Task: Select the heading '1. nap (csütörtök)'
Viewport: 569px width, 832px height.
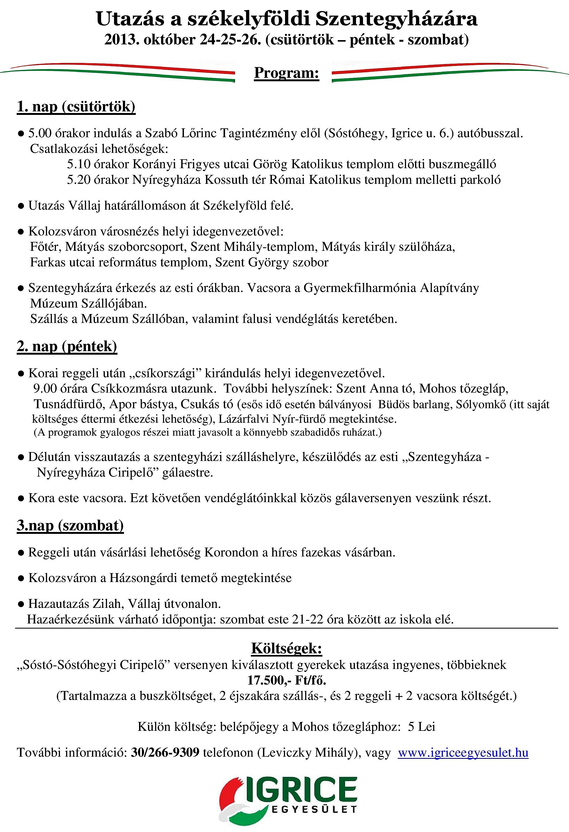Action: [x=76, y=107]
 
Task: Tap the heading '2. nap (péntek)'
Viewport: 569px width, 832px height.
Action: [x=67, y=347]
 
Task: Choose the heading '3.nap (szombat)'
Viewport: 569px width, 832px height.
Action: [x=70, y=526]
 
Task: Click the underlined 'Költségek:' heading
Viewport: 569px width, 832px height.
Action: [x=287, y=648]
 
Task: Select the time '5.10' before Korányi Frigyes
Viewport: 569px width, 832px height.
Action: [x=79, y=164]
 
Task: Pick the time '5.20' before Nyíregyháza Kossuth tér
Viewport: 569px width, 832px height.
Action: [x=79, y=180]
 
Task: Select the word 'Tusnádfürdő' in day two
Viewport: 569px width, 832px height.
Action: [x=69, y=404]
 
